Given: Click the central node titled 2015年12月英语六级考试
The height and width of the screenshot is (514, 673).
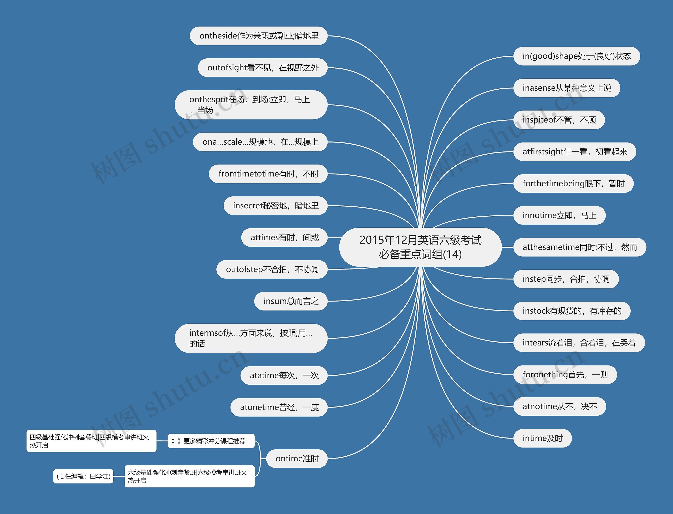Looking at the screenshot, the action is point(420,247).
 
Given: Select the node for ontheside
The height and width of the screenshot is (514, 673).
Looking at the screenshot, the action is point(258,36).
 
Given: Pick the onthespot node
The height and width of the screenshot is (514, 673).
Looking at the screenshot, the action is point(251,105).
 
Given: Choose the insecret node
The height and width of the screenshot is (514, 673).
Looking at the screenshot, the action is point(275,206).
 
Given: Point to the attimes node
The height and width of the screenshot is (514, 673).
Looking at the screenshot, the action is point(284,237).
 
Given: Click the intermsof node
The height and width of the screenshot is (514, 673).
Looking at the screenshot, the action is point(251,338).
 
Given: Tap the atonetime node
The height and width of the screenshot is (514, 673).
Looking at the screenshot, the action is point(279,407).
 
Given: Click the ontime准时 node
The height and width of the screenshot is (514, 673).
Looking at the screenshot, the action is point(297,458).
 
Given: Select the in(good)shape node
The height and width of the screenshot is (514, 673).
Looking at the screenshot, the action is point(576,56).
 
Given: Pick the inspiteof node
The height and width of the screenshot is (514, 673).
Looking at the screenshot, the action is point(559,120).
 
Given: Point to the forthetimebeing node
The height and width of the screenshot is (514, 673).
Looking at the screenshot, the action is point(573,184).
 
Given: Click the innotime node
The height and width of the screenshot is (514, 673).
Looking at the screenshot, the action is point(559,215).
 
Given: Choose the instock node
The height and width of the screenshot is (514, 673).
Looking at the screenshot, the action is point(572,311).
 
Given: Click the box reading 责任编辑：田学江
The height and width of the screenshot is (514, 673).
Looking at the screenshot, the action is point(83,476).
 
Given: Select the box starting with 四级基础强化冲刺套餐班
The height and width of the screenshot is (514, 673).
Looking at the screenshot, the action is point(91,441).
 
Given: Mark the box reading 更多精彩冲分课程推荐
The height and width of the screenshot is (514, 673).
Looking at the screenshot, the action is point(211,441).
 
